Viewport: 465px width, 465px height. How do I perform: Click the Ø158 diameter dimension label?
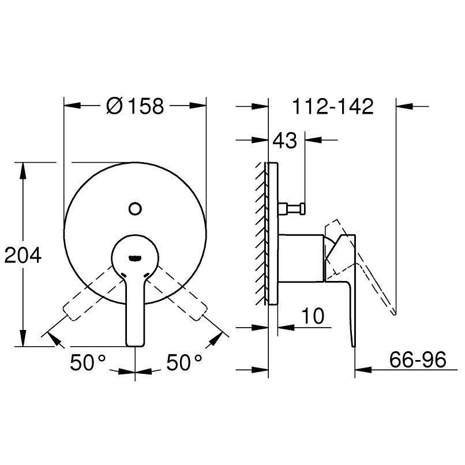pyautogui.click(x=135, y=106)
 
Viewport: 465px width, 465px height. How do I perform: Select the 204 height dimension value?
pyautogui.click(x=23, y=256)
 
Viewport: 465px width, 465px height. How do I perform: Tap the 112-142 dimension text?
pyautogui.click(x=333, y=106)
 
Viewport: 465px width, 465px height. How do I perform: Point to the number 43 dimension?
pyautogui.click(x=284, y=140)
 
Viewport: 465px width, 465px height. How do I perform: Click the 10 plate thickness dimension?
pyautogui.click(x=313, y=316)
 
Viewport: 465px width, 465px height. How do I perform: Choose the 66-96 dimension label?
pyautogui.click(x=418, y=359)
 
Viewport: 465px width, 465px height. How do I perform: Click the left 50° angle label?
pyautogui.click(x=88, y=362)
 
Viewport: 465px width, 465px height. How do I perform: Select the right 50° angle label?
pyautogui.click(x=184, y=362)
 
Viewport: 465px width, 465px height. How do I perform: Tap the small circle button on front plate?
pyautogui.click(x=135, y=209)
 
